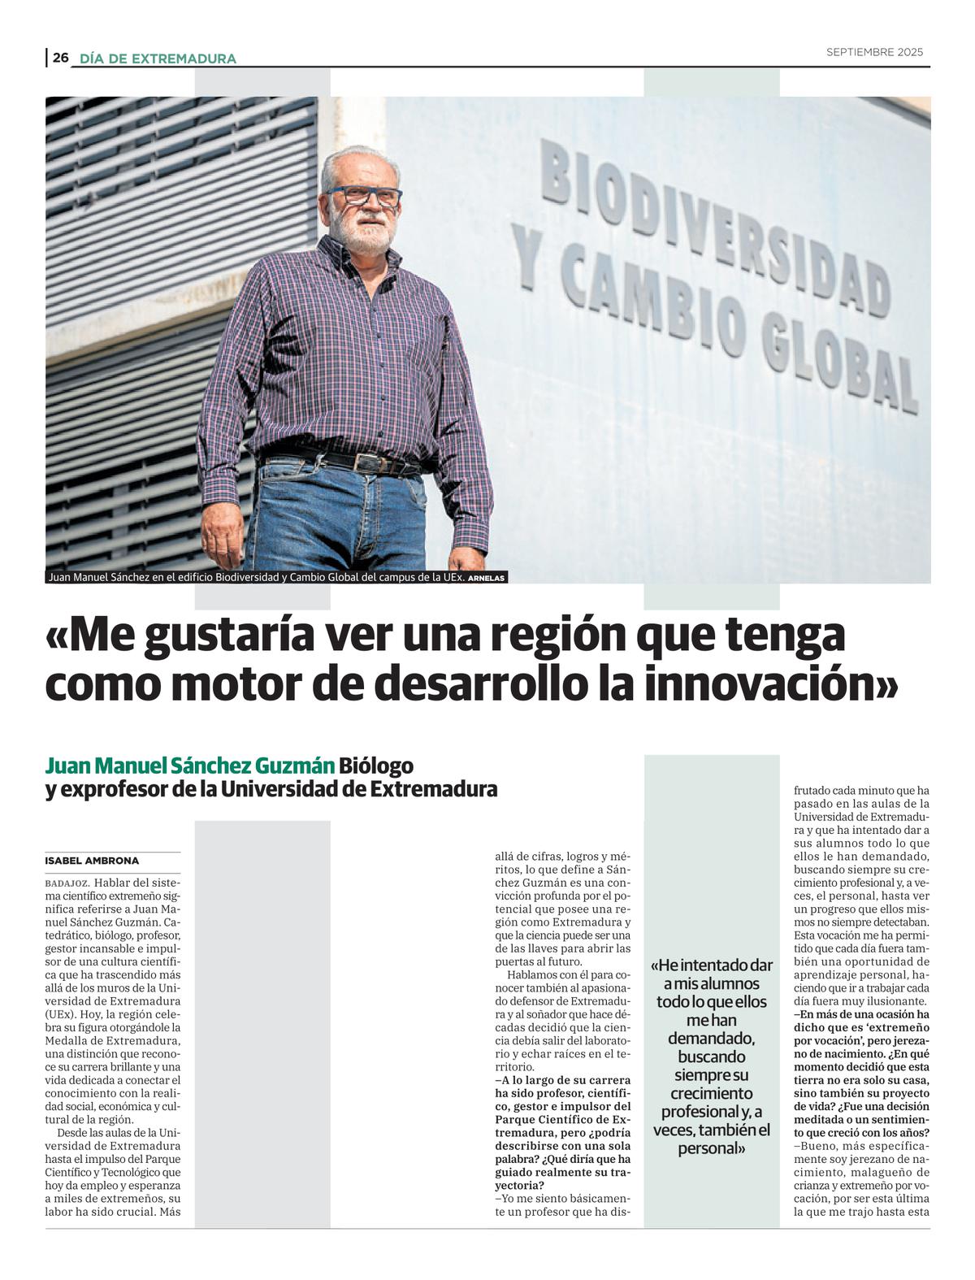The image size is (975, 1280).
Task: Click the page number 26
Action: [x=61, y=58]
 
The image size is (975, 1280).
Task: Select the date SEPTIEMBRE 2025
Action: [x=874, y=52]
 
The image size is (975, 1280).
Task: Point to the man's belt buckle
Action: [x=366, y=463]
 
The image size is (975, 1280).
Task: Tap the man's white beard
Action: [x=363, y=232]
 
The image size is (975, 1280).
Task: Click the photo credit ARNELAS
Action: [x=487, y=578]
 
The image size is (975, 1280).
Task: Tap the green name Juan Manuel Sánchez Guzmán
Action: [x=189, y=766]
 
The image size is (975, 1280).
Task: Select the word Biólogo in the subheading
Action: [x=376, y=766]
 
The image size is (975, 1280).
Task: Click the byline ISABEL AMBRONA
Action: [x=92, y=861]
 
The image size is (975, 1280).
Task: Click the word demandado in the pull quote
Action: [x=711, y=1039]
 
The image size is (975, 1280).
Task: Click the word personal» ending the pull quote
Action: [x=712, y=1148]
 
